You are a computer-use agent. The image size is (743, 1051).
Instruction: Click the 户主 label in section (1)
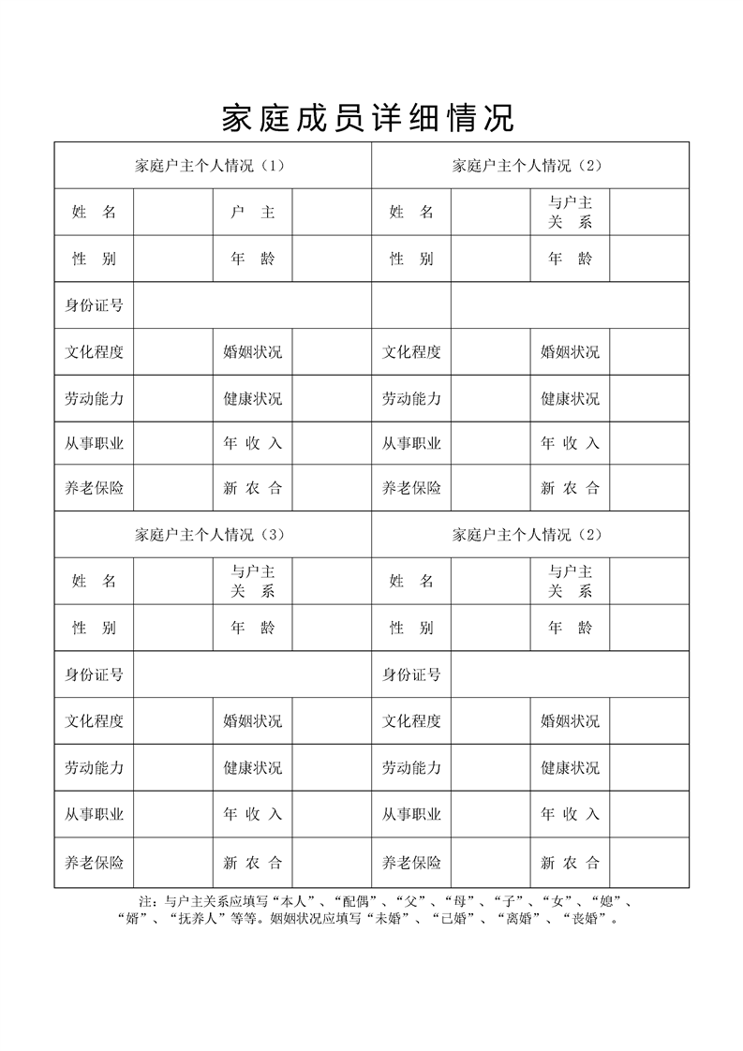[253, 213]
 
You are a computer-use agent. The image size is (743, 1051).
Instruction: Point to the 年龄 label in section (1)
[253, 259]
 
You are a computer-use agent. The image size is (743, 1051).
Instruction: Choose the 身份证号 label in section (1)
[94, 305]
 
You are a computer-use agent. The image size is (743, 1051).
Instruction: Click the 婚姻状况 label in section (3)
[252, 721]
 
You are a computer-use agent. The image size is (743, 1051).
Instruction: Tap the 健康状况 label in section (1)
[252, 398]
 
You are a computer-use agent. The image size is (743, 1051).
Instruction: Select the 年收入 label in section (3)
[252, 814]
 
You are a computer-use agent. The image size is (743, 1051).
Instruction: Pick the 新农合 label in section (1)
[252, 488]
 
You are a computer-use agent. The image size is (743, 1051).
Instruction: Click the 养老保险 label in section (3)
[94, 863]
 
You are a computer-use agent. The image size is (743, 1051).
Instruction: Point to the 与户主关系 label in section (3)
[253, 581]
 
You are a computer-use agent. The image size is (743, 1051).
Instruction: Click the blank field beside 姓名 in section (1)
[173, 213]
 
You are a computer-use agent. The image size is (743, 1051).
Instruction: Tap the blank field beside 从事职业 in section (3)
[173, 814]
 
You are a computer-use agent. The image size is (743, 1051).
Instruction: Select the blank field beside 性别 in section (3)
[173, 628]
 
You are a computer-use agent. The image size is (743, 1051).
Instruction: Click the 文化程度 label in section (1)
[94, 352]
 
